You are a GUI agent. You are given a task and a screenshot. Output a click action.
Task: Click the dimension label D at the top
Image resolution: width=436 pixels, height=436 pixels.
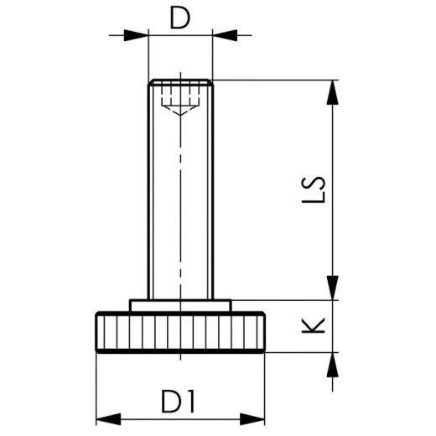(x=179, y=18)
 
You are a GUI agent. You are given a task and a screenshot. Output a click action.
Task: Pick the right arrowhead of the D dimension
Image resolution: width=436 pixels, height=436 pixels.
(x=225, y=35)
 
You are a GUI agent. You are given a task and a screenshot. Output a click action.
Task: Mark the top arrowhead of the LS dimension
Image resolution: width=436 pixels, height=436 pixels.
(x=334, y=91)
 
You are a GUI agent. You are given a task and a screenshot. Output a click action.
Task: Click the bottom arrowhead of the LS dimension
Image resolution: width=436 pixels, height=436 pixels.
(x=334, y=288)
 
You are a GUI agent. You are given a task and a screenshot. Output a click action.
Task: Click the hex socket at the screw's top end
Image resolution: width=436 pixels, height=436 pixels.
(x=180, y=91)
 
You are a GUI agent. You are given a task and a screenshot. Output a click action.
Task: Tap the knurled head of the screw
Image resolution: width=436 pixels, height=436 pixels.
(x=180, y=332)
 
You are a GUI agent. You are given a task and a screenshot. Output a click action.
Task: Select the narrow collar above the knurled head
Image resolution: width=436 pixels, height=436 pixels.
(x=180, y=305)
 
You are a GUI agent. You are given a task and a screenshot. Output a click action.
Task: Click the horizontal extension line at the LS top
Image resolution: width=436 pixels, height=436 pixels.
(x=277, y=80)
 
